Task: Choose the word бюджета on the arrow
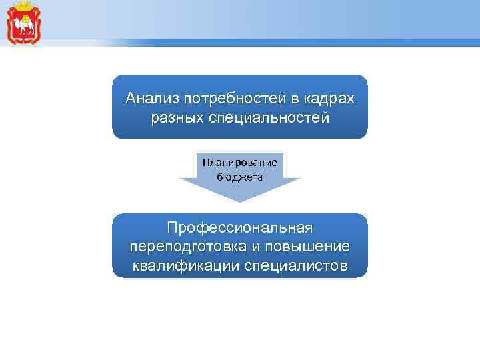pos(240,177)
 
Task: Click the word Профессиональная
pos(240,229)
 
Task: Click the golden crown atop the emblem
pos(23,6)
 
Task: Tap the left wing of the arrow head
pos(190,181)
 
